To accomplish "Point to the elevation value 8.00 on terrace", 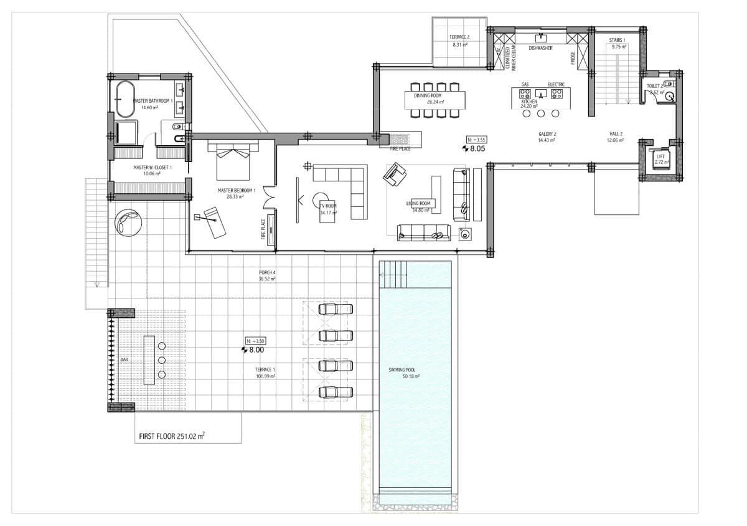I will (x=256, y=350).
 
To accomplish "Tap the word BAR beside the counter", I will (x=124, y=360).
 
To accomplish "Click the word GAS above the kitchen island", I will (x=525, y=85).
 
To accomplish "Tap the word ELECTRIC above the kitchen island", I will (x=556, y=85).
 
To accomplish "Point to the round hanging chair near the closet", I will (x=128, y=223).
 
